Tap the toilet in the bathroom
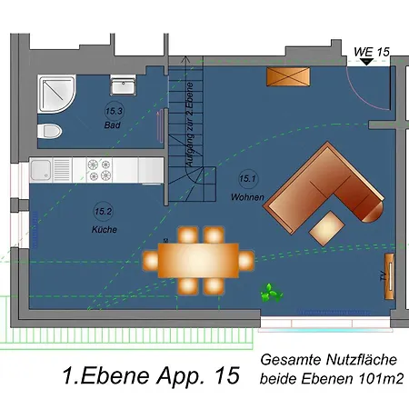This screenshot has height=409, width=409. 49,133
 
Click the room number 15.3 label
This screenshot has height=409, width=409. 113,111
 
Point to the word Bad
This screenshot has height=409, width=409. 113,125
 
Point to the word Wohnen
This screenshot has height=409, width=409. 247,196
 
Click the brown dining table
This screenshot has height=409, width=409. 198,260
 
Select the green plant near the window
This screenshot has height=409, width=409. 270,293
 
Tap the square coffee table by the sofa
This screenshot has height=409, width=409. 327,227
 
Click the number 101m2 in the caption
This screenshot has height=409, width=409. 382,377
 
